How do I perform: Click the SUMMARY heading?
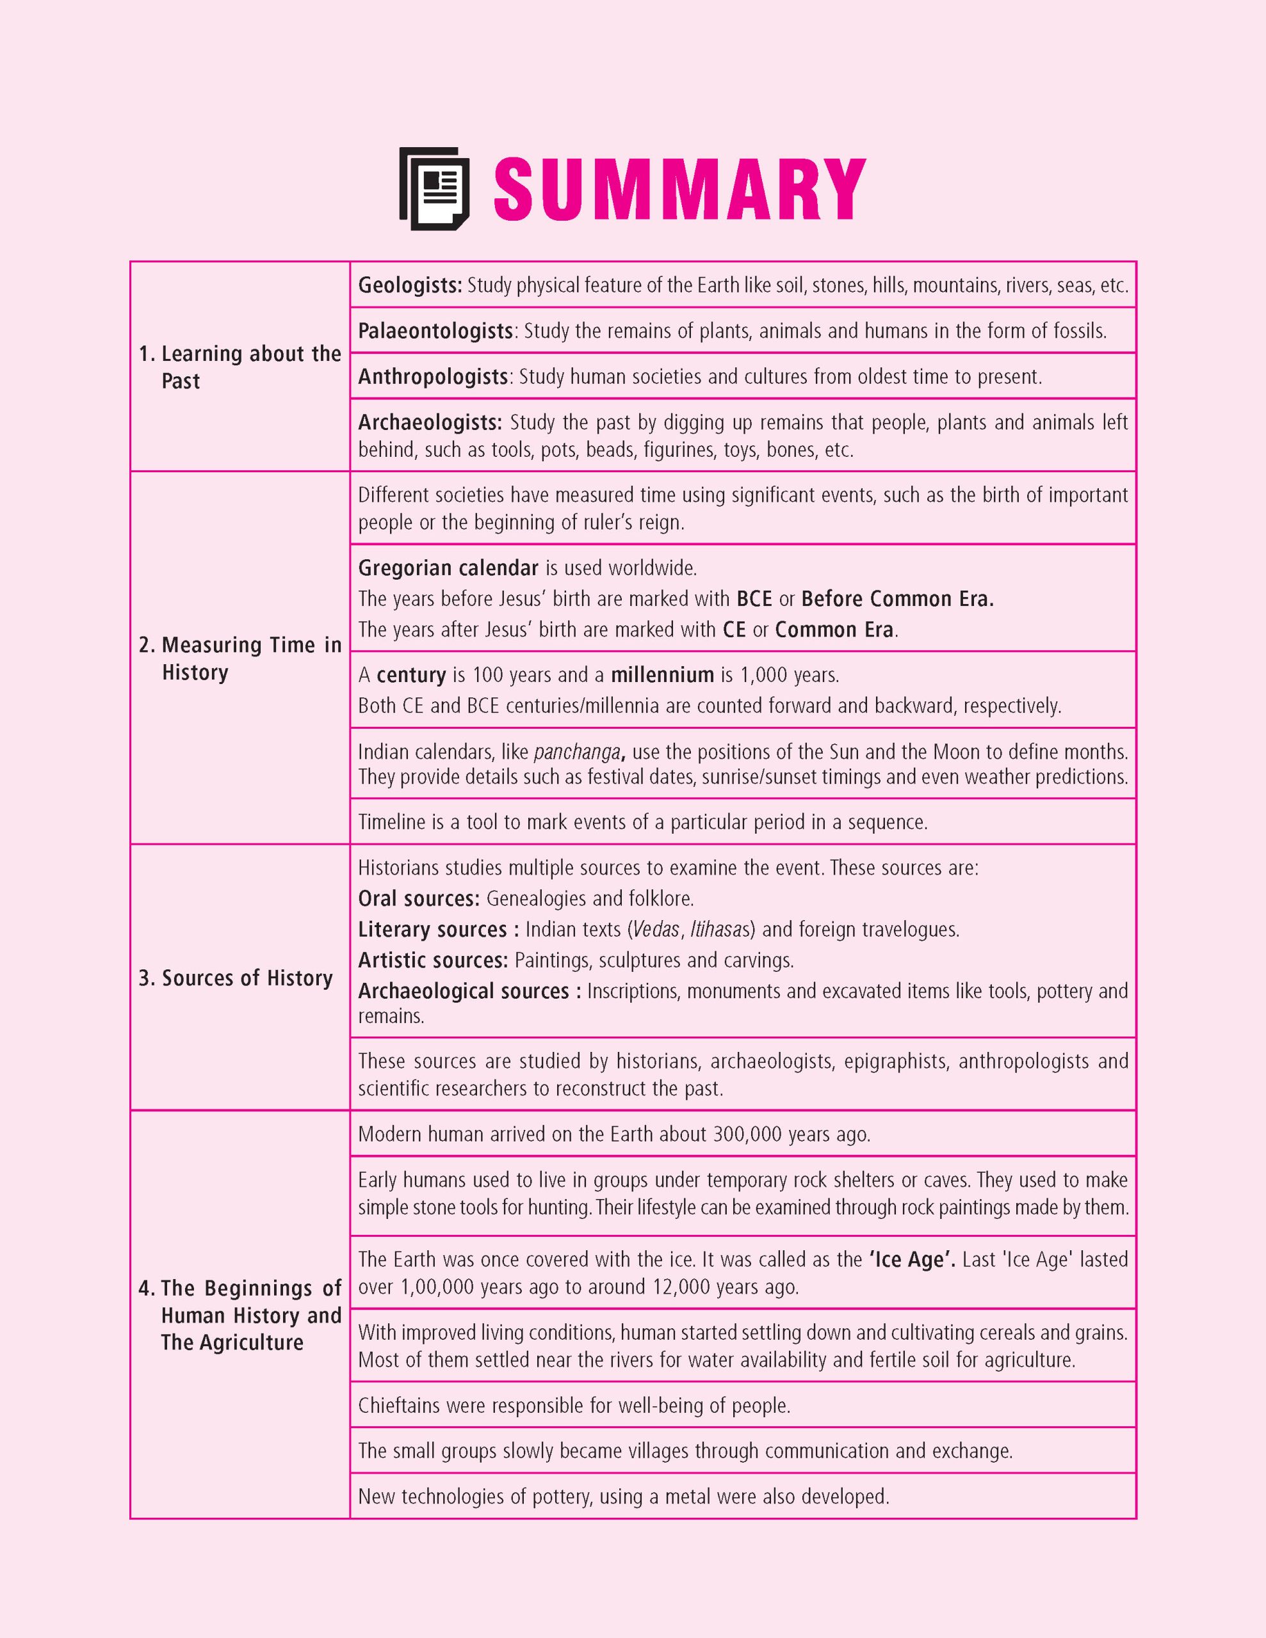point(679,188)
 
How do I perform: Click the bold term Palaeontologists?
point(435,331)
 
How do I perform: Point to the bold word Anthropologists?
point(433,376)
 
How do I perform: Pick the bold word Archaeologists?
point(429,423)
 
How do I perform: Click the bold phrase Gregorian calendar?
point(448,568)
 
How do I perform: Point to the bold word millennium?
point(662,675)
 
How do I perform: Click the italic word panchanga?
point(577,752)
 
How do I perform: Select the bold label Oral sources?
point(418,898)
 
